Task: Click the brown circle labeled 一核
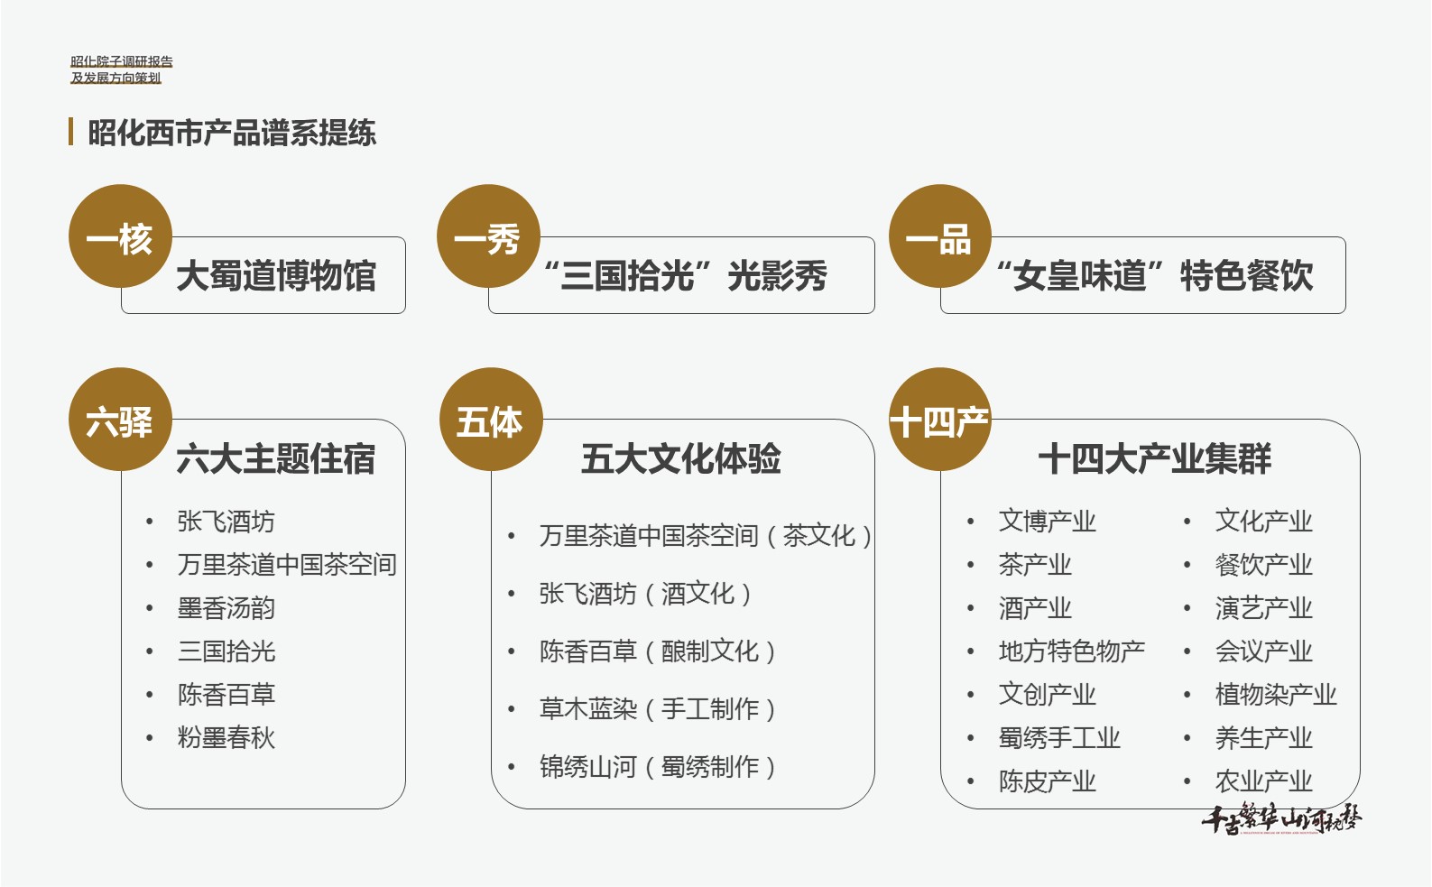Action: [120, 236]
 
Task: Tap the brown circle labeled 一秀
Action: [488, 236]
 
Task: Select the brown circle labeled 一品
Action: [939, 236]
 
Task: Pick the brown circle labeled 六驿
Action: [120, 419]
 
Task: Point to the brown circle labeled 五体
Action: [491, 419]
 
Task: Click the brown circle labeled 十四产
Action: [939, 419]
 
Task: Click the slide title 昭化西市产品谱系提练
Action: [231, 133]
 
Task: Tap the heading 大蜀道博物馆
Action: [276, 275]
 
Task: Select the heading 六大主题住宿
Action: [275, 458]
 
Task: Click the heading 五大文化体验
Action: [681, 458]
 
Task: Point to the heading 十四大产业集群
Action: [1155, 458]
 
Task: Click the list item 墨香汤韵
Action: [226, 607]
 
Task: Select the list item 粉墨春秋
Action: [226, 737]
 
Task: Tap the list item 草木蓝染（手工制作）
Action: [658, 708]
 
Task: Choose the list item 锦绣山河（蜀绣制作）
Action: [658, 766]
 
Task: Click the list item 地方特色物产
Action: [1071, 651]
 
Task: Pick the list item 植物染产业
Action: [1276, 694]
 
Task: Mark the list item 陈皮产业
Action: [1047, 781]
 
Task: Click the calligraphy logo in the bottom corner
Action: [1281, 818]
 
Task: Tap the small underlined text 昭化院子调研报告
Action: [122, 61]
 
